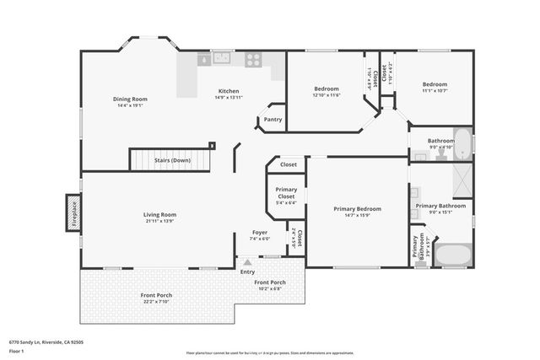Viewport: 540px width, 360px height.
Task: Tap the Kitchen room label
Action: [229, 91]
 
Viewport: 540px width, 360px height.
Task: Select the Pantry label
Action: [273, 120]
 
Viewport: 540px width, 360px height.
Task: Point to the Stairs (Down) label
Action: [171, 159]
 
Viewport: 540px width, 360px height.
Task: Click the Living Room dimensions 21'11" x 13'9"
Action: [159, 221]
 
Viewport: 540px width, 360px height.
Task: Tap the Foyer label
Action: [261, 232]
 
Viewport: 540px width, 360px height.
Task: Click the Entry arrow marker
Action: [247, 263]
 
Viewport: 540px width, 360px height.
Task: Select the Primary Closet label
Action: [286, 193]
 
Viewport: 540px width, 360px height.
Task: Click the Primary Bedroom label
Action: [357, 208]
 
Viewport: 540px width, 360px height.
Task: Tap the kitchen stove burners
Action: [252, 59]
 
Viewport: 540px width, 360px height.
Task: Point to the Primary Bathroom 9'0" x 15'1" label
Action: [440, 207]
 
